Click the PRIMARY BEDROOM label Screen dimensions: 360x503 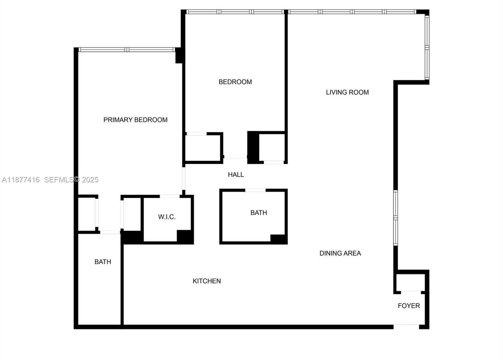tap(135, 120)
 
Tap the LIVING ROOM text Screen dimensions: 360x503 tap(347, 92)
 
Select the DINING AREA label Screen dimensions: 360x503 tap(340, 253)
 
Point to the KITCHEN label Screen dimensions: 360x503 tap(207, 281)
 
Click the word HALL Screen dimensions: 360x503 tap(236, 175)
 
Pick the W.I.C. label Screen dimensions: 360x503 tap(167, 217)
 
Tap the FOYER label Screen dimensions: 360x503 tap(409, 306)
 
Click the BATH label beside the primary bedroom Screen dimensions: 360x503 tap(103, 262)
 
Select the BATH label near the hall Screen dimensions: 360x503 tap(258, 213)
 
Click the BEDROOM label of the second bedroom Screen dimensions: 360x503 tap(235, 82)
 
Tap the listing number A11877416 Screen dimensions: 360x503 tap(21, 180)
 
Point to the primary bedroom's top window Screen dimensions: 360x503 tap(126, 50)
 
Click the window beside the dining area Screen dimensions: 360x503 tap(395, 218)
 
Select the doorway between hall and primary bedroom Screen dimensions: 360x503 tap(184, 178)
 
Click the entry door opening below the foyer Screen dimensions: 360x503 tap(406, 327)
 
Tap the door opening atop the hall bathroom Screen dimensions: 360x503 tap(255, 190)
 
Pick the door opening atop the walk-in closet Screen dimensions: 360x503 tap(170, 197)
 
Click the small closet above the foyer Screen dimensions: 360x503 tap(410, 282)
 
